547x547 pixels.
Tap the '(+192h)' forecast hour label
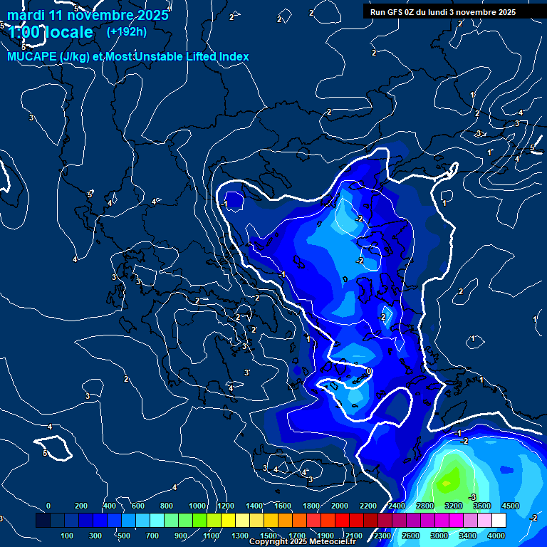[127, 31]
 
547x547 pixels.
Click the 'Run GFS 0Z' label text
[397, 12]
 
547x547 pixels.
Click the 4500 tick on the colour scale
[510, 506]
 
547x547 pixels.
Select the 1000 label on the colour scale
[197, 506]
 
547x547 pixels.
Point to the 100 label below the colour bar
[68, 536]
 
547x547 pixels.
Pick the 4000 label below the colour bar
[496, 536]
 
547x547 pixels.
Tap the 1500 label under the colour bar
[268, 536]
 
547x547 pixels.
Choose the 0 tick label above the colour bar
[48, 506]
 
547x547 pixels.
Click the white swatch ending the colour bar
[499, 521]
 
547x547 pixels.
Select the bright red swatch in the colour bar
[342, 521]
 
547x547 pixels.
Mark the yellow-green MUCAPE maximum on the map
[447, 481]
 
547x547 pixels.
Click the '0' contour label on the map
[369, 372]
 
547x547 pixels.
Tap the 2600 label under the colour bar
[410, 536]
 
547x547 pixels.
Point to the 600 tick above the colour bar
[138, 506]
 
